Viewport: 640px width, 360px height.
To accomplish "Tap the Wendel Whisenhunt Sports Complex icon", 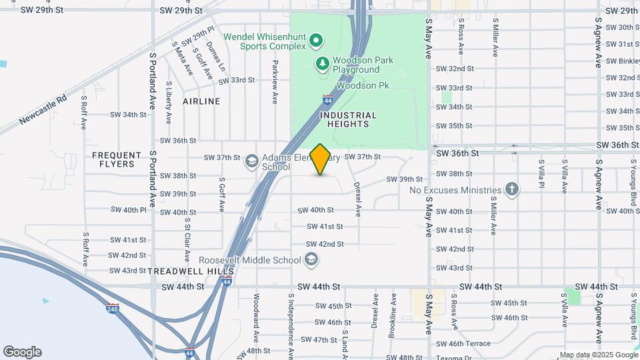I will coord(317,42).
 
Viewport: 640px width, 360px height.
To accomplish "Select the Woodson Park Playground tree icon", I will coord(323,64).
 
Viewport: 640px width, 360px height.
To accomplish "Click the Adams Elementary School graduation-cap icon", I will coord(251,161).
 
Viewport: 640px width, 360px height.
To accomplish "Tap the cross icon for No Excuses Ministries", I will coord(511,189).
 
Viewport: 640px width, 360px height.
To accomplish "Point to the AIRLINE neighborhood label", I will coord(201,101).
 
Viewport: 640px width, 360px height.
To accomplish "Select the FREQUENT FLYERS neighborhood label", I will coord(117,159).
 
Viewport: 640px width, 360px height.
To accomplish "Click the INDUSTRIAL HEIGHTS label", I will coord(349,119).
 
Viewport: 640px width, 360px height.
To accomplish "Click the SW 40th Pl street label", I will coord(129,210).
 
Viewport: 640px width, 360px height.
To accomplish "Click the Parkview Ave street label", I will coord(274,83).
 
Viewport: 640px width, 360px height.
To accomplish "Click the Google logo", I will coord(22,352).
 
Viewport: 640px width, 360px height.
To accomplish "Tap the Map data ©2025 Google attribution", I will coord(598,355).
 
